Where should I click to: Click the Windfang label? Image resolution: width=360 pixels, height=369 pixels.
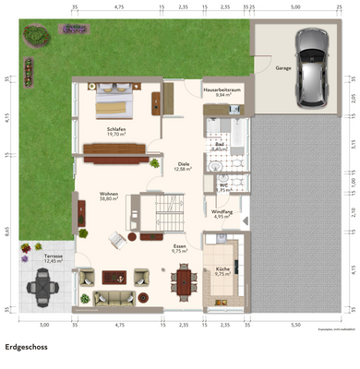(x=222, y=214)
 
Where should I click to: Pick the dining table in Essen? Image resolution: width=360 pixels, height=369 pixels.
(x=181, y=280)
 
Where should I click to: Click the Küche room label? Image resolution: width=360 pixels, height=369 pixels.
(x=222, y=271)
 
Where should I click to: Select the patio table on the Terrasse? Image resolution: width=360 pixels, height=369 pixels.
(x=41, y=290)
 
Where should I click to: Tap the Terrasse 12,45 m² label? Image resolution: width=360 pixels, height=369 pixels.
(x=54, y=258)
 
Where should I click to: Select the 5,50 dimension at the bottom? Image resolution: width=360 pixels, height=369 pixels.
(x=294, y=325)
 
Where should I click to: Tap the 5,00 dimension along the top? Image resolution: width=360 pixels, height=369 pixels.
(x=294, y=6)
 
